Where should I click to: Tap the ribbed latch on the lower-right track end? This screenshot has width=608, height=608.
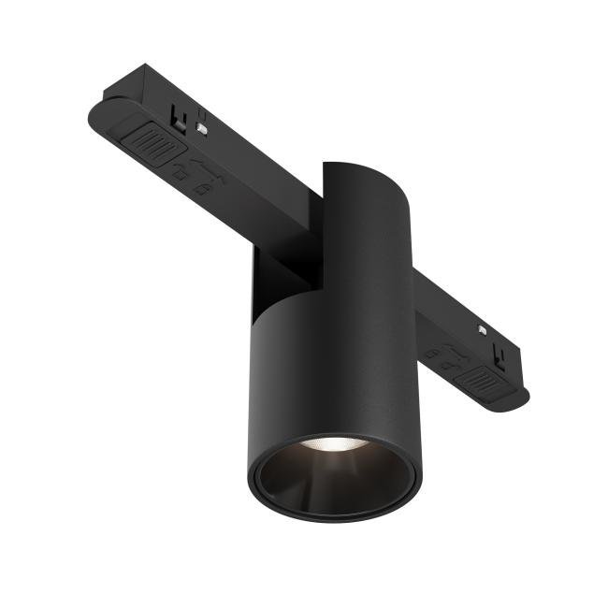click(x=482, y=380)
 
